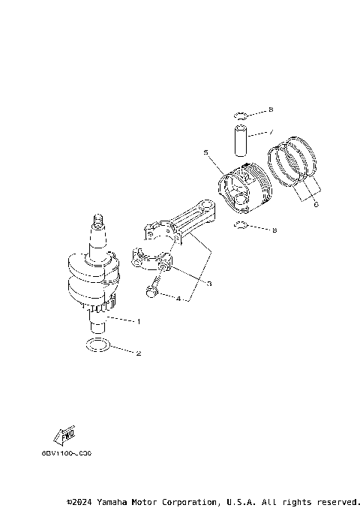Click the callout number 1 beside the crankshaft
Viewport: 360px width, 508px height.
tap(139, 321)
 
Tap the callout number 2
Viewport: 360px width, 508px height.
tap(139, 353)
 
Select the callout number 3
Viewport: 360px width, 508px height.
tap(209, 283)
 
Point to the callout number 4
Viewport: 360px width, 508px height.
tap(178, 299)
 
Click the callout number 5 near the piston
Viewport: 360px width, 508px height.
tap(205, 152)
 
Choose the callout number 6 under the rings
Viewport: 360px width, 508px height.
tap(316, 203)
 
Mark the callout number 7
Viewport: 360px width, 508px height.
tap(271, 132)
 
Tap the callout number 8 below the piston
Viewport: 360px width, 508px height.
tap(274, 230)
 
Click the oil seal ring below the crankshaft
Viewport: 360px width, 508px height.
tap(97, 346)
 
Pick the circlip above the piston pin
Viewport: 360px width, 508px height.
tap(240, 115)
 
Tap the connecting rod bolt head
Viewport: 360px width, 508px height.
tap(152, 291)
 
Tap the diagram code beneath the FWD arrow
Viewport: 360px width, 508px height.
tap(67, 454)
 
